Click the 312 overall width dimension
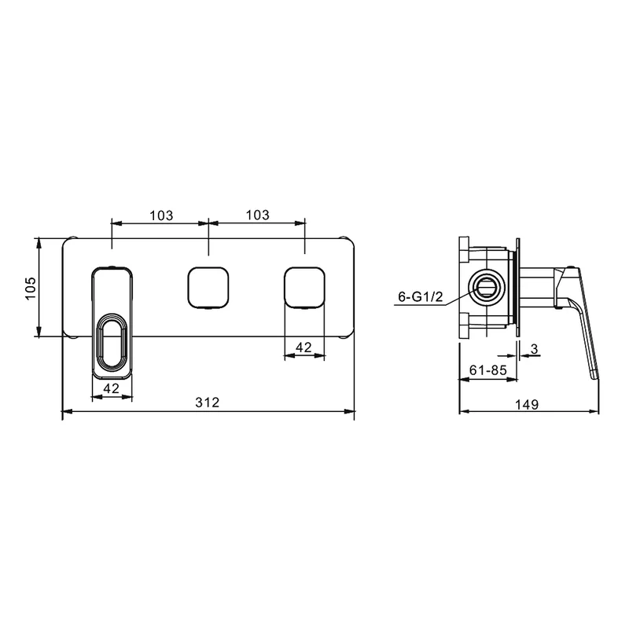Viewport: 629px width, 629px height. tap(208, 402)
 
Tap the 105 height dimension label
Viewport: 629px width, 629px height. tap(31, 288)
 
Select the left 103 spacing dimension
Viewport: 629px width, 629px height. tap(161, 215)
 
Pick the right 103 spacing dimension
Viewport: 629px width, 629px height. tap(258, 215)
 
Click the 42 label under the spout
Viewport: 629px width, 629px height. tap(112, 388)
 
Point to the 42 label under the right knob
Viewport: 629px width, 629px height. tap(303, 347)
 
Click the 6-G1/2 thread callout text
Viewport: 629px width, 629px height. tap(421, 297)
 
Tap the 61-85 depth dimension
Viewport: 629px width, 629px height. tap(487, 370)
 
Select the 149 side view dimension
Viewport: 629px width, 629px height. tap(527, 404)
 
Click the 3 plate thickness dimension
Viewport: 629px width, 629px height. tap(534, 349)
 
